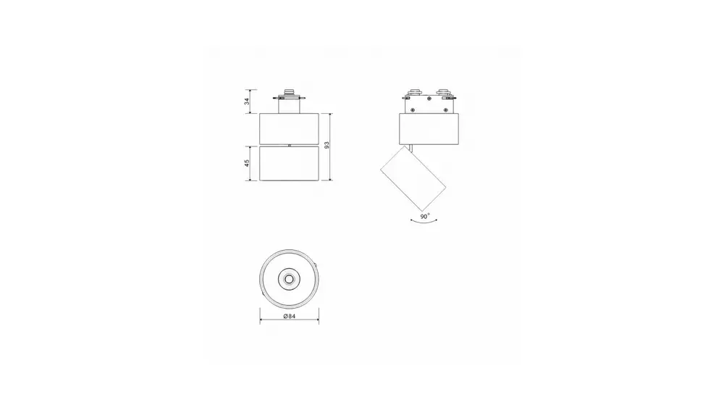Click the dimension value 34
click(x=247, y=101)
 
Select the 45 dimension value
click(x=247, y=163)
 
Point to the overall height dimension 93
click(x=327, y=145)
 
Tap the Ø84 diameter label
click(x=289, y=316)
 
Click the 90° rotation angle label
click(x=425, y=216)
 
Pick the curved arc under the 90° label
click(x=424, y=222)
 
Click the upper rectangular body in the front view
click(x=289, y=128)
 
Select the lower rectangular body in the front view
click(x=289, y=164)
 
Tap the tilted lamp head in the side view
click(x=413, y=178)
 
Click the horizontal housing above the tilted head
click(x=429, y=128)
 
